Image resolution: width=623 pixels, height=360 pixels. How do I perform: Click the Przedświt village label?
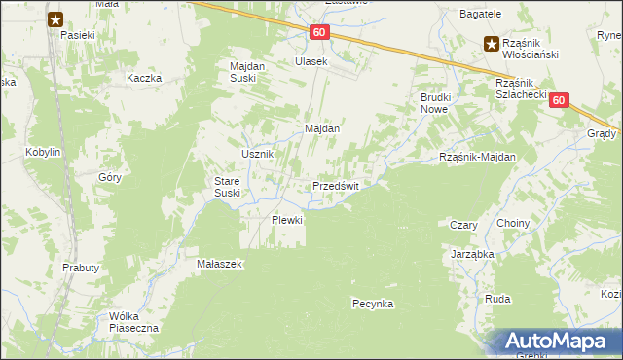(x=336, y=186)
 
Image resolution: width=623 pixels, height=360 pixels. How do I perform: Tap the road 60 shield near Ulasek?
(x=319, y=33)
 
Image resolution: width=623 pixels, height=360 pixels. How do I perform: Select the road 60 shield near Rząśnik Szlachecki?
(x=557, y=100)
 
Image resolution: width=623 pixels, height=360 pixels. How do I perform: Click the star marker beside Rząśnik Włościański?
(x=492, y=42)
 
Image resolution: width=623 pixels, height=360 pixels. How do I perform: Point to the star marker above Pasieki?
(x=55, y=18)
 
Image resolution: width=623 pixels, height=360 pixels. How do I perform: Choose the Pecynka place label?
(x=372, y=304)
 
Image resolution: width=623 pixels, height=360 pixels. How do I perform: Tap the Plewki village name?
(x=287, y=220)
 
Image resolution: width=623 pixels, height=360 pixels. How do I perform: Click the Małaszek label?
(x=219, y=263)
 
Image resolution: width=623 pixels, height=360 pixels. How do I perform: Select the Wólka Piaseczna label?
(x=134, y=322)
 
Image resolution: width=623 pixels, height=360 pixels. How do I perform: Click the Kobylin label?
(x=44, y=153)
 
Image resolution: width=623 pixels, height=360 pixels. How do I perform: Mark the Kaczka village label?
(x=142, y=77)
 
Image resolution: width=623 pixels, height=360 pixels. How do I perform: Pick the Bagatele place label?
(x=481, y=14)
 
